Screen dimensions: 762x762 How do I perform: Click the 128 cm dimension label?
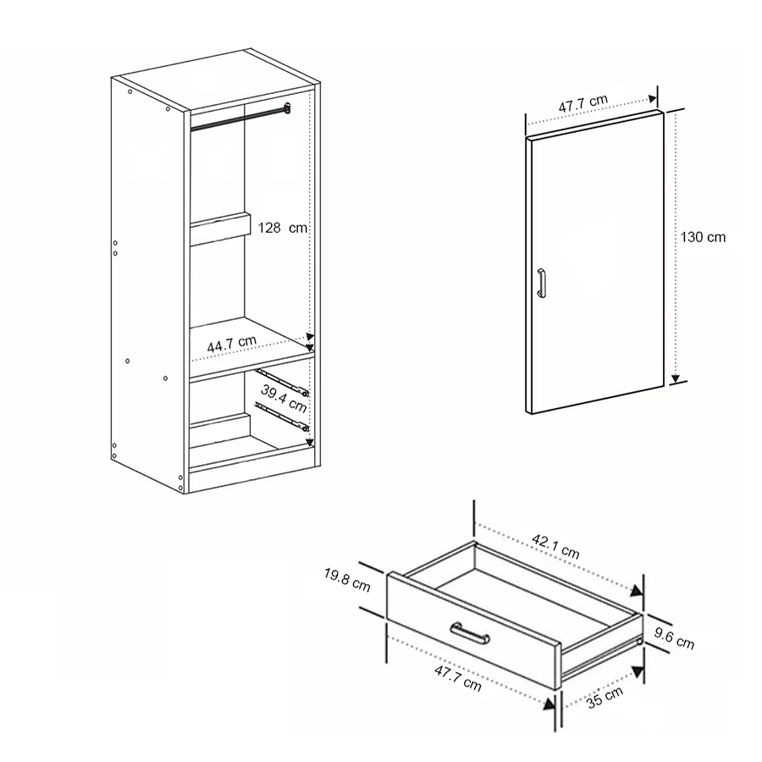[283, 228]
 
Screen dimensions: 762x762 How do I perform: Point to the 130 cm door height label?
[704, 238]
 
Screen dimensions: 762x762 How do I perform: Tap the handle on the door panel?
[542, 283]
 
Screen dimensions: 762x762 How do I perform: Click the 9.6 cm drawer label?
[675, 638]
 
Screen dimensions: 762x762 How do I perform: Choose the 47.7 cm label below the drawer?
[457, 679]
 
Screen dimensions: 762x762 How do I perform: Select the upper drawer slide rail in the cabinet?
[283, 383]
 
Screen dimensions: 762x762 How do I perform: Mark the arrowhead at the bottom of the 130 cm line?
[676, 378]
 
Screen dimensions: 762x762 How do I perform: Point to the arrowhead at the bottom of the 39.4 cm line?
[310, 442]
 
